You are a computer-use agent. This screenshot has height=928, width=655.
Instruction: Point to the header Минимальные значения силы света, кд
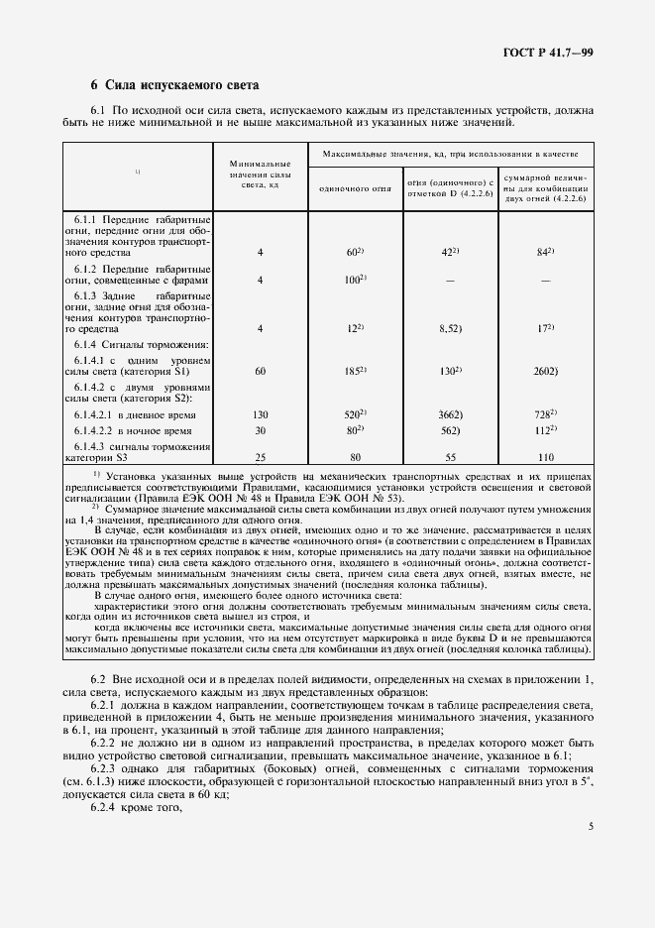(260, 173)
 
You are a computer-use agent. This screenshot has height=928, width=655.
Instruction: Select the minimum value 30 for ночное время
(261, 431)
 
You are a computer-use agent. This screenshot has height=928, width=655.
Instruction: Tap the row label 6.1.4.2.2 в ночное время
(140, 431)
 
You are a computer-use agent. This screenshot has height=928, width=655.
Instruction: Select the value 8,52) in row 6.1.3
(451, 327)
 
